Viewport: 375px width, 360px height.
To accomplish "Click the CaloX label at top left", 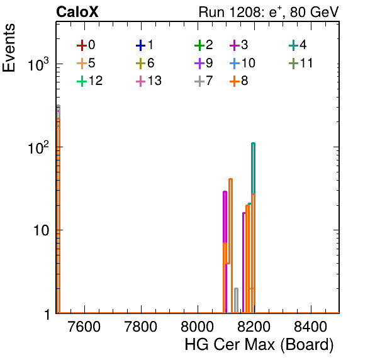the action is pos(77,12).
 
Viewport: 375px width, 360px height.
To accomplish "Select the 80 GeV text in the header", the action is pos(314,12).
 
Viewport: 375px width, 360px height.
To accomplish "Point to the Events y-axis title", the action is pos(9,48).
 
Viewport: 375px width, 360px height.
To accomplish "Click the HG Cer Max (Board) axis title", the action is pos(259,345).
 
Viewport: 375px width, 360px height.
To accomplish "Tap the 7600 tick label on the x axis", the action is pos(84,327).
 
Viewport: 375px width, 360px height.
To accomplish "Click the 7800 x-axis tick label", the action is pos(141,327).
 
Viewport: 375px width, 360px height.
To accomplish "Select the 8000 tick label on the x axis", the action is pos(198,327).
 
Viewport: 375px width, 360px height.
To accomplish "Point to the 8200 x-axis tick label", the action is pos(254,327).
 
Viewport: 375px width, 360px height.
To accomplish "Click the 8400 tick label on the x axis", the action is pos(310,327).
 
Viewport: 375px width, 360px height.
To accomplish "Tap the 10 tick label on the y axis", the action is pos(41,230).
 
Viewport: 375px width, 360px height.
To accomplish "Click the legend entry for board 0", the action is pos(86,45).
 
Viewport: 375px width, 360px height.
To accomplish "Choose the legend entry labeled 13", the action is pos(148,81).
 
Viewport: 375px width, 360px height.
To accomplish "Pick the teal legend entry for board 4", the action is pos(298,45).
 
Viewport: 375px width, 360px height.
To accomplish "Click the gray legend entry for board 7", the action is pos(204,81).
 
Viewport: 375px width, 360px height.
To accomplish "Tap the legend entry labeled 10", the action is pos(242,63).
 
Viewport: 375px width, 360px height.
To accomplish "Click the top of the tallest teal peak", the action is pos(253,143).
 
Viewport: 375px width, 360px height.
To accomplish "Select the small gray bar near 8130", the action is pos(236,300).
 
